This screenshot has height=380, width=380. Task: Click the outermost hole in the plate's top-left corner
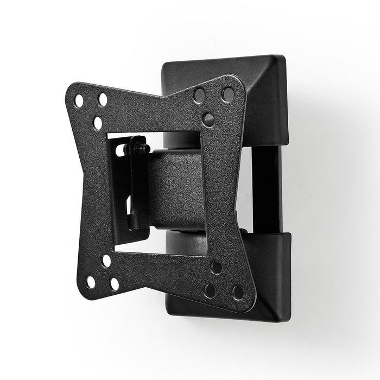point(79,101)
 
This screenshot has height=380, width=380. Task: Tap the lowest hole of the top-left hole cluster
point(98,123)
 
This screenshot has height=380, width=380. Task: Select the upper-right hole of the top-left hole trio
point(103,99)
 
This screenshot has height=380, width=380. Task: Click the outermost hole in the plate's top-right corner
point(227,94)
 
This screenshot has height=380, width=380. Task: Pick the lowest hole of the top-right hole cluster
point(208,119)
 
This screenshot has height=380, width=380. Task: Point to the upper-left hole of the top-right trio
point(200,96)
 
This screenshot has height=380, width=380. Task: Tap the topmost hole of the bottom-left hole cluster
point(106,261)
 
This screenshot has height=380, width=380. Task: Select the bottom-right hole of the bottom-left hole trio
point(115,284)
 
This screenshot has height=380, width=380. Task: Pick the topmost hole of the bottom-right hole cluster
point(216,267)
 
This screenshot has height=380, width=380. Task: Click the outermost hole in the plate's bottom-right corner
point(238,292)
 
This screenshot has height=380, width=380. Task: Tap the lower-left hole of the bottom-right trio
point(210,290)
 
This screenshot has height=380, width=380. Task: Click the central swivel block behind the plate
point(174,187)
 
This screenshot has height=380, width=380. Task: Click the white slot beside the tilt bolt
point(121,150)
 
